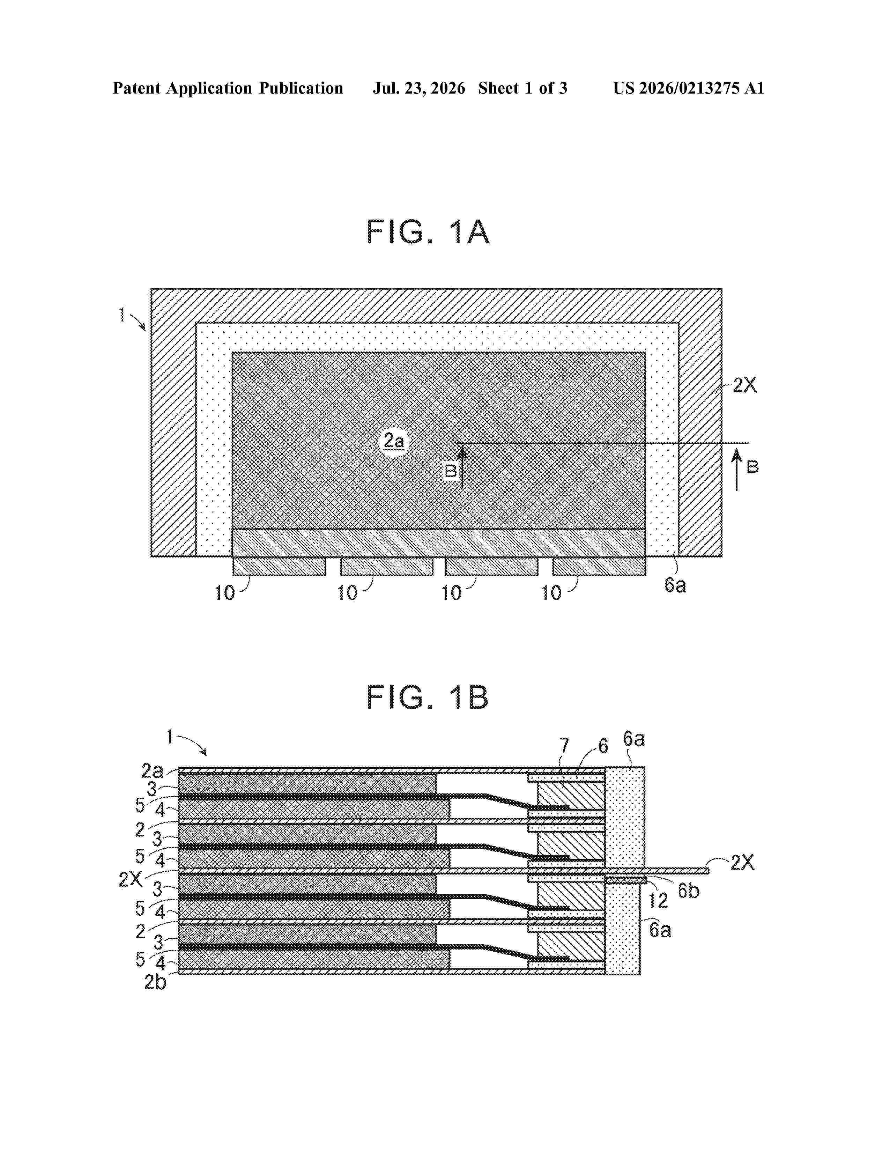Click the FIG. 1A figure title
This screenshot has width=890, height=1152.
428,232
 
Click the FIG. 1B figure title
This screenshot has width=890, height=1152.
428,697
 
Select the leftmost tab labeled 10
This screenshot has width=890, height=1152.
279,566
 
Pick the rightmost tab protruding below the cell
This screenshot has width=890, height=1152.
599,566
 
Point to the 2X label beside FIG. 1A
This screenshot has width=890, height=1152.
744,386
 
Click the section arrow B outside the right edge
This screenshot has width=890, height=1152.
737,470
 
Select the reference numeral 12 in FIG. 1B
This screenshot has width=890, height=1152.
658,900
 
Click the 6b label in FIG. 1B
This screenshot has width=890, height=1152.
688,891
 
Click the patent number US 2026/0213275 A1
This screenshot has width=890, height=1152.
689,88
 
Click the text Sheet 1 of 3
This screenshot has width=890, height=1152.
522,88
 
